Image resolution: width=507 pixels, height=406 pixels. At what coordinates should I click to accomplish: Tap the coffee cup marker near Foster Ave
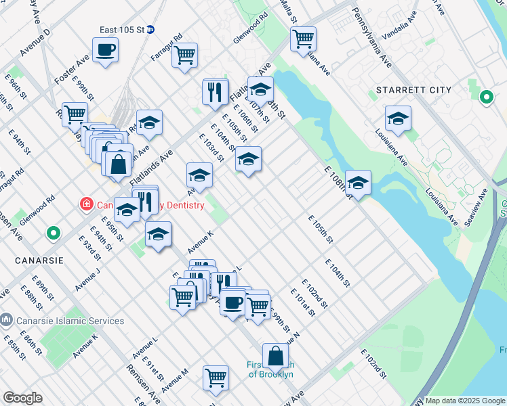tap(105, 51)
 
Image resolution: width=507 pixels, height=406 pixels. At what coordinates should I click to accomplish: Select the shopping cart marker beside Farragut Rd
tap(184, 56)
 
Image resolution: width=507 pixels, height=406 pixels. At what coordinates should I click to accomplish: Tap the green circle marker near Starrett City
tap(486, 98)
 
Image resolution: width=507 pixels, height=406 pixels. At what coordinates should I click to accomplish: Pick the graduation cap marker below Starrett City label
tap(398, 119)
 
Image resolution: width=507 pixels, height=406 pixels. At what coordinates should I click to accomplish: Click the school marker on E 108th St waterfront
tap(358, 183)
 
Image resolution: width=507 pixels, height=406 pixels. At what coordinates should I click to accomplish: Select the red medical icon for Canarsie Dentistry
tap(86, 203)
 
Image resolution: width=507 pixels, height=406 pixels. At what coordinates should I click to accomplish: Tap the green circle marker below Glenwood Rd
tap(53, 233)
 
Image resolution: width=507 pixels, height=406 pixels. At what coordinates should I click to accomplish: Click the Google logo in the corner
tap(22, 397)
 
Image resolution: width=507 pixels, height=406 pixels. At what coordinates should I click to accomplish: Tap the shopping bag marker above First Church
tap(275, 355)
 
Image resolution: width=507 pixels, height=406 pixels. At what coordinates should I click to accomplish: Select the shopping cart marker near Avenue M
tap(216, 378)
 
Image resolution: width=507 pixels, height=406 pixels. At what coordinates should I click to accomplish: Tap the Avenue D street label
tap(35, 42)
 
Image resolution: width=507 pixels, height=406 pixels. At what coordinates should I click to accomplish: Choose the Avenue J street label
tap(88, 279)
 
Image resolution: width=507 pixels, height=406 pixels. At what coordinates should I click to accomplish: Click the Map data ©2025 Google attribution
tap(464, 401)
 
